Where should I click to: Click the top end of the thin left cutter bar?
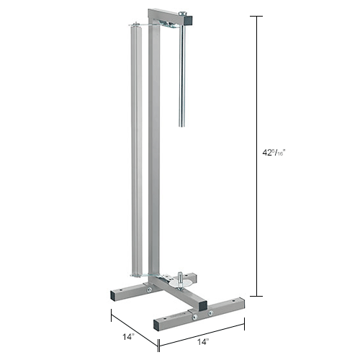[132, 26]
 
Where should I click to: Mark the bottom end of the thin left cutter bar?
[134, 274]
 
